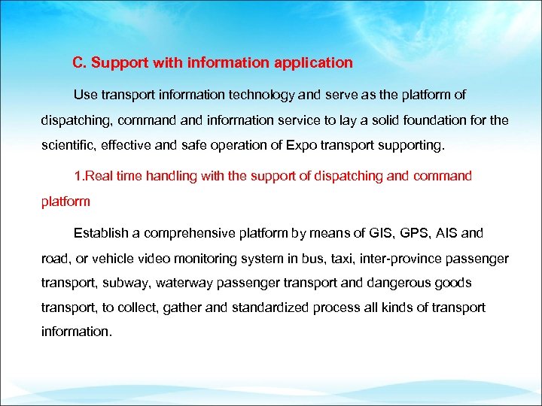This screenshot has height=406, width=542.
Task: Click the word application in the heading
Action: pos(316,63)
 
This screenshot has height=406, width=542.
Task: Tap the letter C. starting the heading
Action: pos(79,63)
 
